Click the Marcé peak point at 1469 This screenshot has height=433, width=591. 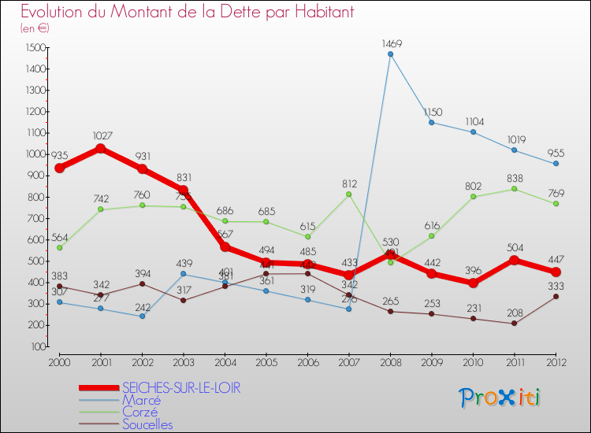click(390, 54)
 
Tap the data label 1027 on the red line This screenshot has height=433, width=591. click(101, 136)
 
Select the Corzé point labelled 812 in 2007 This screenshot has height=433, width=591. click(348, 194)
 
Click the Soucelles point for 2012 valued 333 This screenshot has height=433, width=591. click(556, 297)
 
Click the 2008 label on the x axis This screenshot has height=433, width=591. click(390, 361)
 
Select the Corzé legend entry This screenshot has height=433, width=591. click(140, 412)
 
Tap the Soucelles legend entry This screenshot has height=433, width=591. click(147, 424)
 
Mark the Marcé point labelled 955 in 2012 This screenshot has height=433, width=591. click(556, 164)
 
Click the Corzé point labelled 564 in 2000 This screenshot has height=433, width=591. click(59, 247)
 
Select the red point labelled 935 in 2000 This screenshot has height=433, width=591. click(59, 168)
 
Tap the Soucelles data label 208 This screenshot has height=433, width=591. click(514, 313)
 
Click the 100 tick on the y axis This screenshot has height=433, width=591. click(38, 346)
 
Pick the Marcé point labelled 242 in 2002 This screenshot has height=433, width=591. click(142, 316)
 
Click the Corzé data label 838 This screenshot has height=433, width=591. click(514, 178)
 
